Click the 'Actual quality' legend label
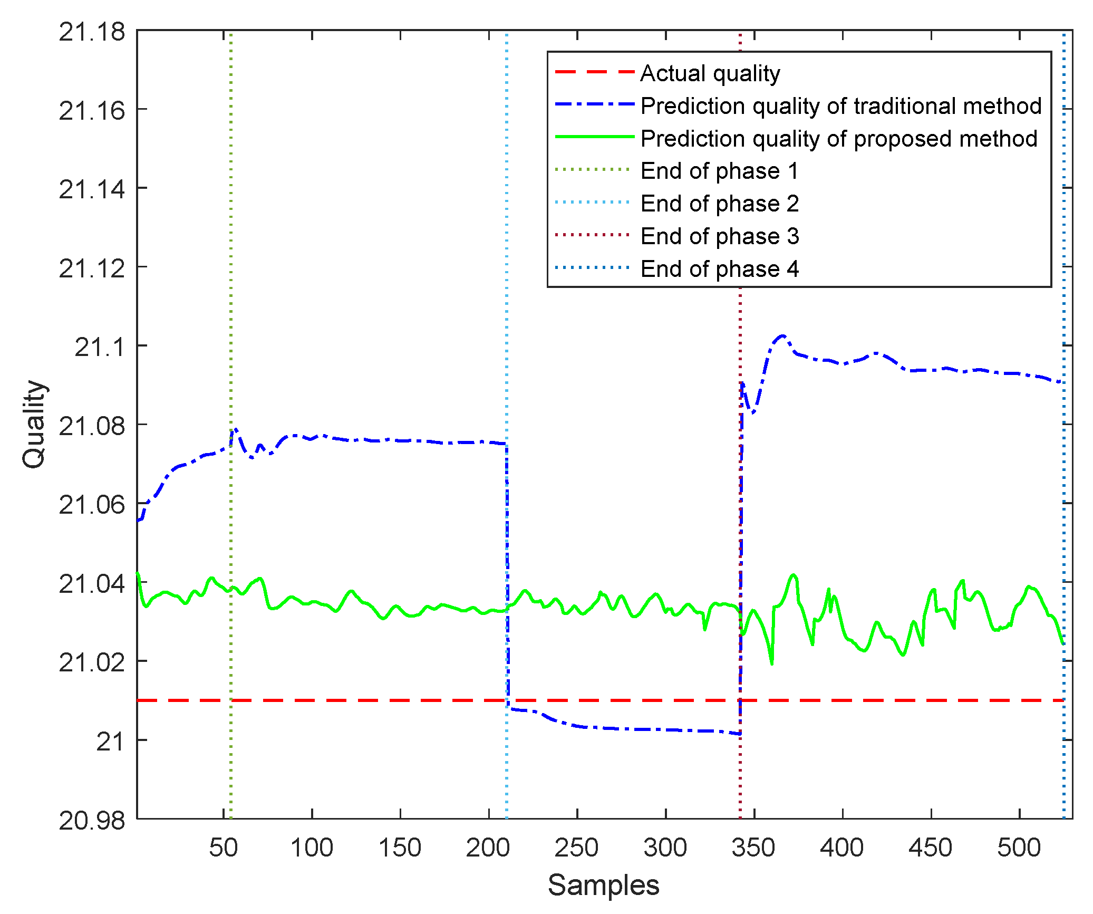710,73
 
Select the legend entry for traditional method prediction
841,106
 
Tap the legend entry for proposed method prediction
839,139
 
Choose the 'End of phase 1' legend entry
719,171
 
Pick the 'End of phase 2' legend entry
719,204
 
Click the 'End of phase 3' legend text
719,236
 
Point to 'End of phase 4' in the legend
719,269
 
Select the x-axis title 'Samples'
603,884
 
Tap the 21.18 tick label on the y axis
92,32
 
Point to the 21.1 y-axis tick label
100,347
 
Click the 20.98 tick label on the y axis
92,821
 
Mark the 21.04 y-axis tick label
92,584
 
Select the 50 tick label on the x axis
224,848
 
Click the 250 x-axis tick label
576,848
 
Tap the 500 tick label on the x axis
1019,848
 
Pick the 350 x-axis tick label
753,848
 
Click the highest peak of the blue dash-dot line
782,335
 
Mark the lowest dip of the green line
772,663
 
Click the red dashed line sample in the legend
594,72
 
